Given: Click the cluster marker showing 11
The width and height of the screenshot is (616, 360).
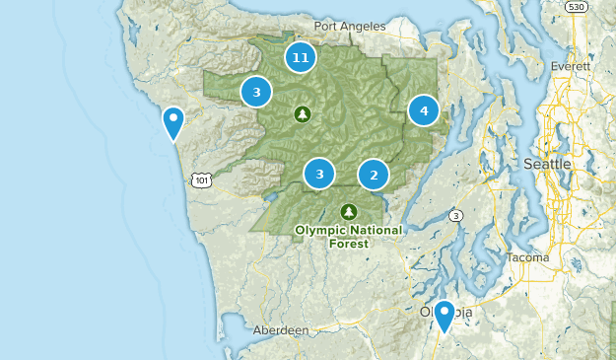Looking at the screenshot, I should (301, 58).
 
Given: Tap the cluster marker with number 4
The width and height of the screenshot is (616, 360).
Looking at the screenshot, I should (424, 110).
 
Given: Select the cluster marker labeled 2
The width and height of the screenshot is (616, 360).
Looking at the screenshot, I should (374, 176).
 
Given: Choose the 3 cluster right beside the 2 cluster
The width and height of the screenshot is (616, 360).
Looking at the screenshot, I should (319, 174).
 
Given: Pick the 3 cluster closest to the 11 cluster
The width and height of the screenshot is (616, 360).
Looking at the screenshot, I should (256, 92).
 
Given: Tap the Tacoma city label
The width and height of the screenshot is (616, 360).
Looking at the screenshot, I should (528, 257).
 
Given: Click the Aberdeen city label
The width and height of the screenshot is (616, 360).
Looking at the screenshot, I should (280, 330).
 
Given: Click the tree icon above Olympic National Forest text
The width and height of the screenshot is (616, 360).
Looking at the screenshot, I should (348, 211).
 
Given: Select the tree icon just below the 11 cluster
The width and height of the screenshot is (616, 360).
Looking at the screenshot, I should (303, 114).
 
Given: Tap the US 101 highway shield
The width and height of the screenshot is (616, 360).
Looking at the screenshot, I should (201, 180).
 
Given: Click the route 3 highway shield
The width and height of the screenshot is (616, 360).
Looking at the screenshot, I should (456, 215).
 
